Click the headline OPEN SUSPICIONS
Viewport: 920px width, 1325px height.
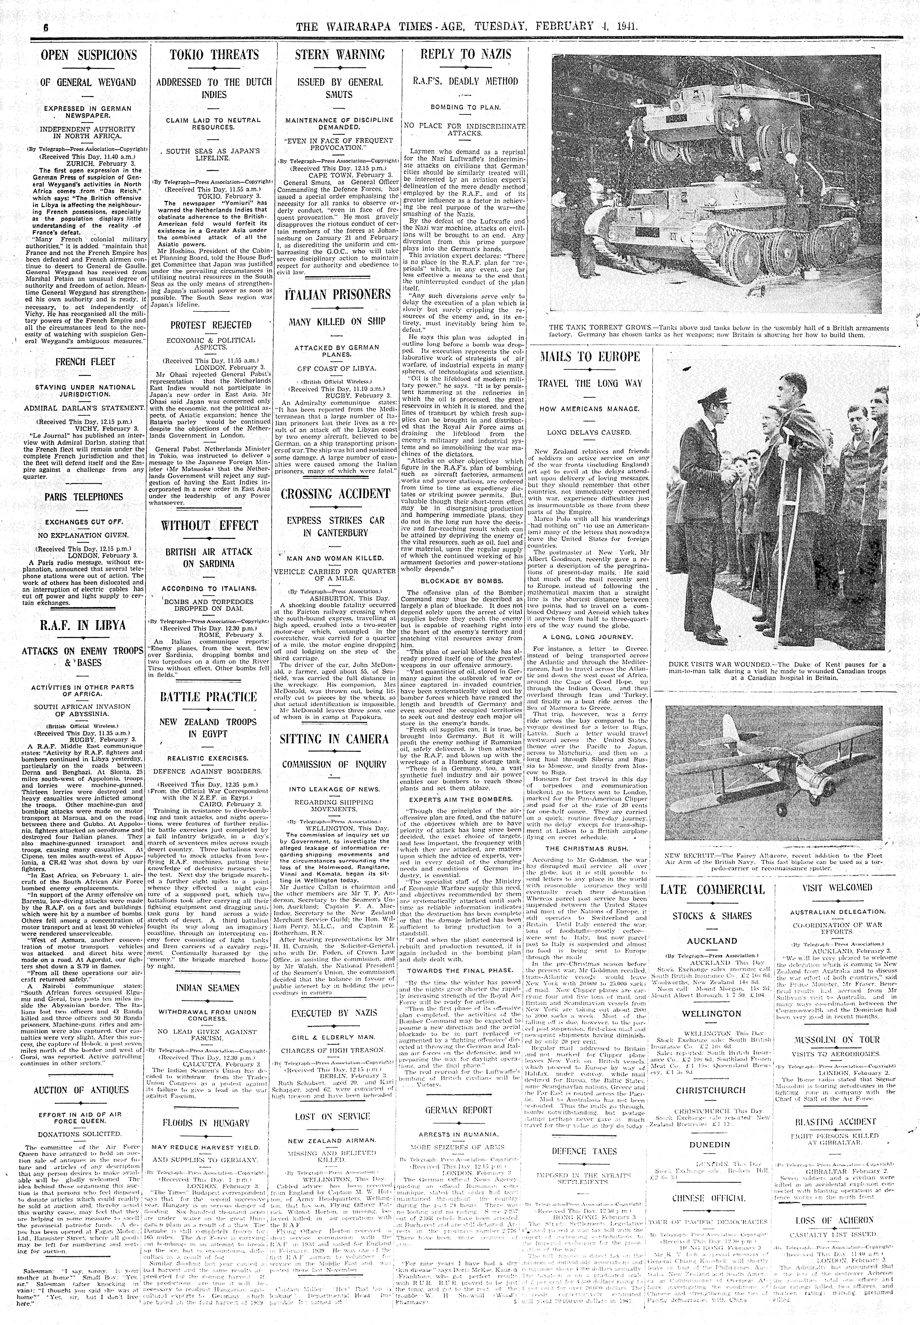pyautogui.click(x=89, y=55)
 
